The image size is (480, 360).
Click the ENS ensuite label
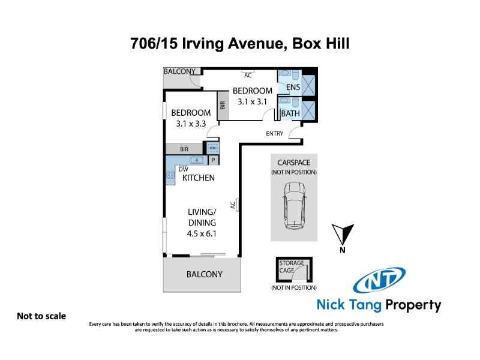[x=293, y=87]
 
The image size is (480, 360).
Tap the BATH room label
[x=290, y=113]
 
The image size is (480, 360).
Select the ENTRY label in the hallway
[x=275, y=133]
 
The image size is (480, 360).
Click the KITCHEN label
[x=199, y=178]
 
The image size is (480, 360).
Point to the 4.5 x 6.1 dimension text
[x=202, y=233]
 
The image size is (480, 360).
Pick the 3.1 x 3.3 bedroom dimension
[x=191, y=124]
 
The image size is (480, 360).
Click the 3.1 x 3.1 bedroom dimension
[x=252, y=101]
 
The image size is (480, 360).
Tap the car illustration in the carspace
[x=295, y=205]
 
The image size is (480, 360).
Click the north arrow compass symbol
[x=343, y=235]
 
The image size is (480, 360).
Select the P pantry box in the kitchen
[x=214, y=160]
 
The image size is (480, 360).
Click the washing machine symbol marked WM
[x=213, y=148]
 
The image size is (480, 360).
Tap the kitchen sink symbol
[x=196, y=160]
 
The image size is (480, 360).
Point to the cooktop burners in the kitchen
[x=170, y=175]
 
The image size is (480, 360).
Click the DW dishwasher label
[x=184, y=169]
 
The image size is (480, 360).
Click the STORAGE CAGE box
[x=294, y=269]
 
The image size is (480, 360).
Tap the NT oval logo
[x=379, y=280]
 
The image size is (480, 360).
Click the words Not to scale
[x=41, y=316]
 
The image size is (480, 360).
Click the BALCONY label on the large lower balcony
[x=205, y=274]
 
